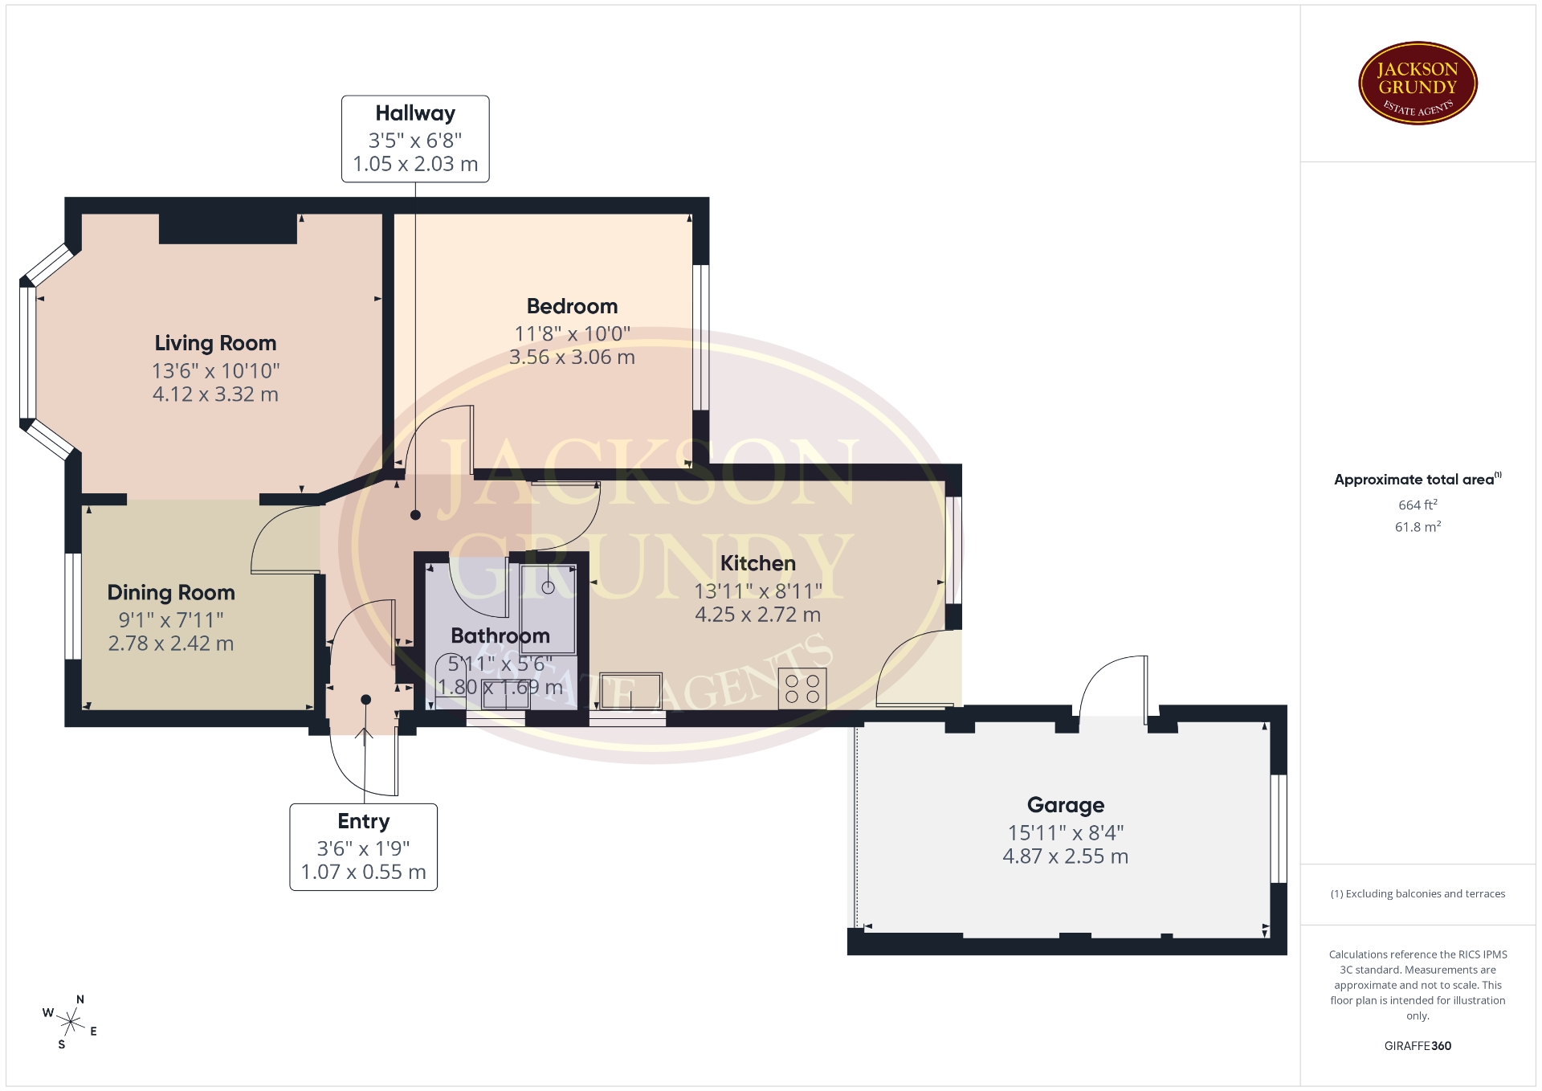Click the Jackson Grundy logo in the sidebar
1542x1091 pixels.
[1418, 84]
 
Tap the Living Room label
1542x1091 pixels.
[215, 344]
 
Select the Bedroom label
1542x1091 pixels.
[572, 306]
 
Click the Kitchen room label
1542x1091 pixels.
[757, 563]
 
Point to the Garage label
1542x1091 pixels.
[1066, 805]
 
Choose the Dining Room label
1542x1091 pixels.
[171, 593]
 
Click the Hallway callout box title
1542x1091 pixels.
[415, 113]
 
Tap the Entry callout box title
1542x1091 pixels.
[364, 821]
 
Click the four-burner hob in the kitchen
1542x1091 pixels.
[802, 689]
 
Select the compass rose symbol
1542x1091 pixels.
[71, 1022]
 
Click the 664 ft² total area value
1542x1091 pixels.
[1418, 505]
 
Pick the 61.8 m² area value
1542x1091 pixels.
[1418, 526]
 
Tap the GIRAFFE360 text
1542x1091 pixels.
[1418, 1045]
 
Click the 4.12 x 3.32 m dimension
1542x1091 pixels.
[215, 394]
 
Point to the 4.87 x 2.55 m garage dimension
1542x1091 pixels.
[1066, 856]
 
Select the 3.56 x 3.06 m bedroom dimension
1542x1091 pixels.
[572, 357]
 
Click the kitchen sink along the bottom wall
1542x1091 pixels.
[630, 691]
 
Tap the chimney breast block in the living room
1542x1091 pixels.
[228, 228]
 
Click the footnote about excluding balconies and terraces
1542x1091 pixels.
[1418, 893]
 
